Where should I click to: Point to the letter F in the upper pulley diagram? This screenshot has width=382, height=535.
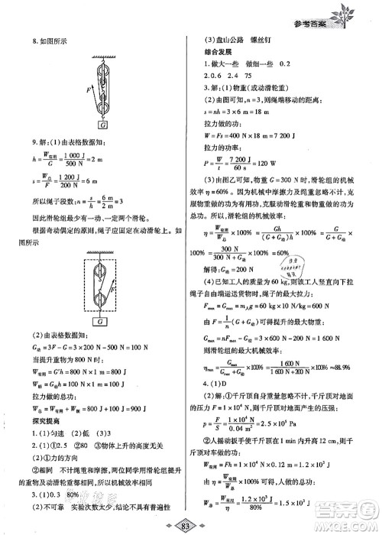[x=89, y=90]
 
